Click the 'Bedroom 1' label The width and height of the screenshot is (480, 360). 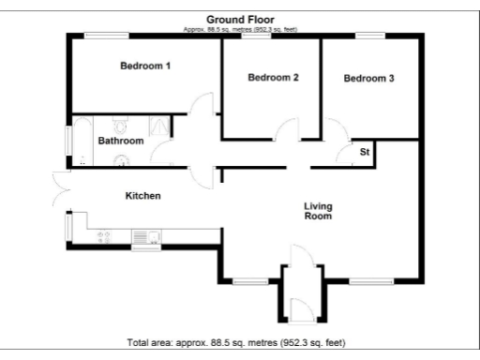144,66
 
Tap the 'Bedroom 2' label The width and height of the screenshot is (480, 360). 273,78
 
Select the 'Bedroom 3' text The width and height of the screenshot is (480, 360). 368,79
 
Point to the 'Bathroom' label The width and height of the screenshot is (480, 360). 121,141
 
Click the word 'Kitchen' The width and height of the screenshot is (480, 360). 143,197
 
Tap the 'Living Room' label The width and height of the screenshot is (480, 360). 319,211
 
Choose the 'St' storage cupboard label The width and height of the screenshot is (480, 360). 364,152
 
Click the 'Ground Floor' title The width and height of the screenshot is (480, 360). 241,19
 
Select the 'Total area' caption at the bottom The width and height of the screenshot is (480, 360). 241,341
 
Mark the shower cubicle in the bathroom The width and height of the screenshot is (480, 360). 160,128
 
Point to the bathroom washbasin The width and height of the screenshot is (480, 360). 119,160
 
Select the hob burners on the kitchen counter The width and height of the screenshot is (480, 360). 104,236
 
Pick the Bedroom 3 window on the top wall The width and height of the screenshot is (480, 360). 369,36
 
